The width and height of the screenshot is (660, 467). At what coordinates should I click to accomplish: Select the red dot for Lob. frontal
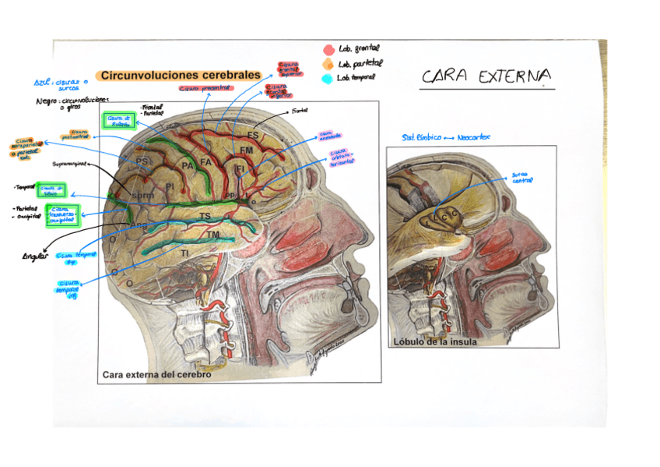(x=328, y=50)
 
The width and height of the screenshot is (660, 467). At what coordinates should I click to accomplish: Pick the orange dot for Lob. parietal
(x=328, y=64)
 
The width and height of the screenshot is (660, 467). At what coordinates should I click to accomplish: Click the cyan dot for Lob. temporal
(x=328, y=78)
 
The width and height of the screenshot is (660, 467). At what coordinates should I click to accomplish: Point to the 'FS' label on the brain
(x=253, y=135)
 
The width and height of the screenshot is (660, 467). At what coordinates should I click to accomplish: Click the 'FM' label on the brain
(x=246, y=150)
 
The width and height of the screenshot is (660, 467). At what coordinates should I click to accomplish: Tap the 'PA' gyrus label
(x=187, y=165)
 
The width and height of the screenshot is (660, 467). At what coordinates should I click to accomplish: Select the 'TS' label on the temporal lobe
(x=205, y=216)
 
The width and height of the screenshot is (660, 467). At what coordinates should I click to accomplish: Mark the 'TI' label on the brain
(x=184, y=253)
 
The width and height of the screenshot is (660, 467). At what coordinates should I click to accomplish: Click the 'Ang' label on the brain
(x=138, y=225)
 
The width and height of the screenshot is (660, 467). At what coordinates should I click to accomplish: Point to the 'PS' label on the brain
(x=142, y=161)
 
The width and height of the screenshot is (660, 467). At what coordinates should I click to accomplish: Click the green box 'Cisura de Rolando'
(x=118, y=121)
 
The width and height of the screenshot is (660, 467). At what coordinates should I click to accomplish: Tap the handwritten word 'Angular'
(x=35, y=256)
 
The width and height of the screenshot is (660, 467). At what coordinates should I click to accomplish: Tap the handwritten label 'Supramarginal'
(x=70, y=165)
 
